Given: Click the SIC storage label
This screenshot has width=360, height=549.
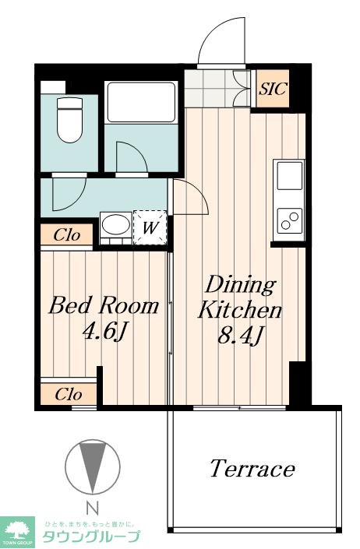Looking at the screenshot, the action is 273,89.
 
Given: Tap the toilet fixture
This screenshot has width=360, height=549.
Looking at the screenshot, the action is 69,120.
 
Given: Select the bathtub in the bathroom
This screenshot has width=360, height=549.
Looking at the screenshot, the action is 141,102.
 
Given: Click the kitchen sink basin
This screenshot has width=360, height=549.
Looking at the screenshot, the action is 290,175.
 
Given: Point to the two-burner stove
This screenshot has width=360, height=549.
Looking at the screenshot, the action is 290,220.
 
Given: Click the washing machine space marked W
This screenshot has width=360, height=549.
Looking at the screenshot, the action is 150,228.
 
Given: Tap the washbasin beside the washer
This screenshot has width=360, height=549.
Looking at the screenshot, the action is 115,225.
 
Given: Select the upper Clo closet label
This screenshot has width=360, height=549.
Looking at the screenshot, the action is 67,235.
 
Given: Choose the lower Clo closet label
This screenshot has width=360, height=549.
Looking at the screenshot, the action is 69,395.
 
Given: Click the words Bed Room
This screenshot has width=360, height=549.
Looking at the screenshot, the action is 104,305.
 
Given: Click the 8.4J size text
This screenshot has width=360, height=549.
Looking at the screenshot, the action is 240,336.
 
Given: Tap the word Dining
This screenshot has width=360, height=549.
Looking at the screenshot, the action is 241,286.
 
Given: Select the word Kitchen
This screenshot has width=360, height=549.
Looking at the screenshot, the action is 240,310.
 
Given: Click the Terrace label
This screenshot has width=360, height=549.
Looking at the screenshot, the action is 252,469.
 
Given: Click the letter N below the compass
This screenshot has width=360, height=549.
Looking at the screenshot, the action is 93,508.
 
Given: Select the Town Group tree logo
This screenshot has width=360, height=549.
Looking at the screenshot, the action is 17,530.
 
